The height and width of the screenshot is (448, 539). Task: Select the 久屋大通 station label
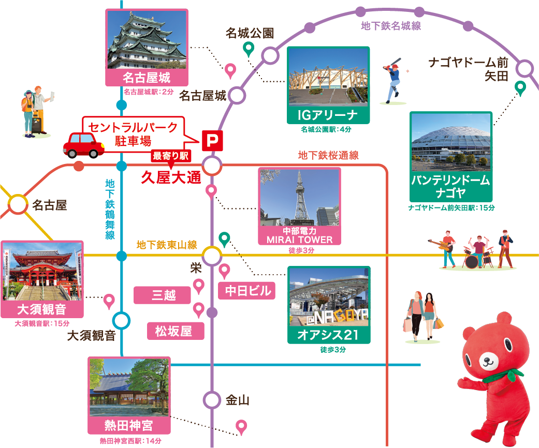click(x=170, y=178)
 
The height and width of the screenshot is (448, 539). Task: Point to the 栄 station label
click(x=196, y=267)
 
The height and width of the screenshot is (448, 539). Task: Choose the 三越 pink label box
click(x=163, y=295)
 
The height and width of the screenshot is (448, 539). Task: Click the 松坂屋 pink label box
click(x=173, y=331)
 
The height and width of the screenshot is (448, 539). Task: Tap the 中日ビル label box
click(x=247, y=291)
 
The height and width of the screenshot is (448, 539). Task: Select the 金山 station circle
click(x=212, y=400)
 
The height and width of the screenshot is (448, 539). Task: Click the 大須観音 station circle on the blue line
click(x=121, y=320)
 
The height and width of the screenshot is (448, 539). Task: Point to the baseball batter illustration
click(x=393, y=82)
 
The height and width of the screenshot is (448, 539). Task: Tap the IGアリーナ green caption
click(x=328, y=115)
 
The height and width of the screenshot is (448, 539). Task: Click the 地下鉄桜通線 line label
click(x=328, y=155)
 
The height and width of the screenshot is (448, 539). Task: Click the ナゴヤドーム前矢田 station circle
click(x=525, y=68)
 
